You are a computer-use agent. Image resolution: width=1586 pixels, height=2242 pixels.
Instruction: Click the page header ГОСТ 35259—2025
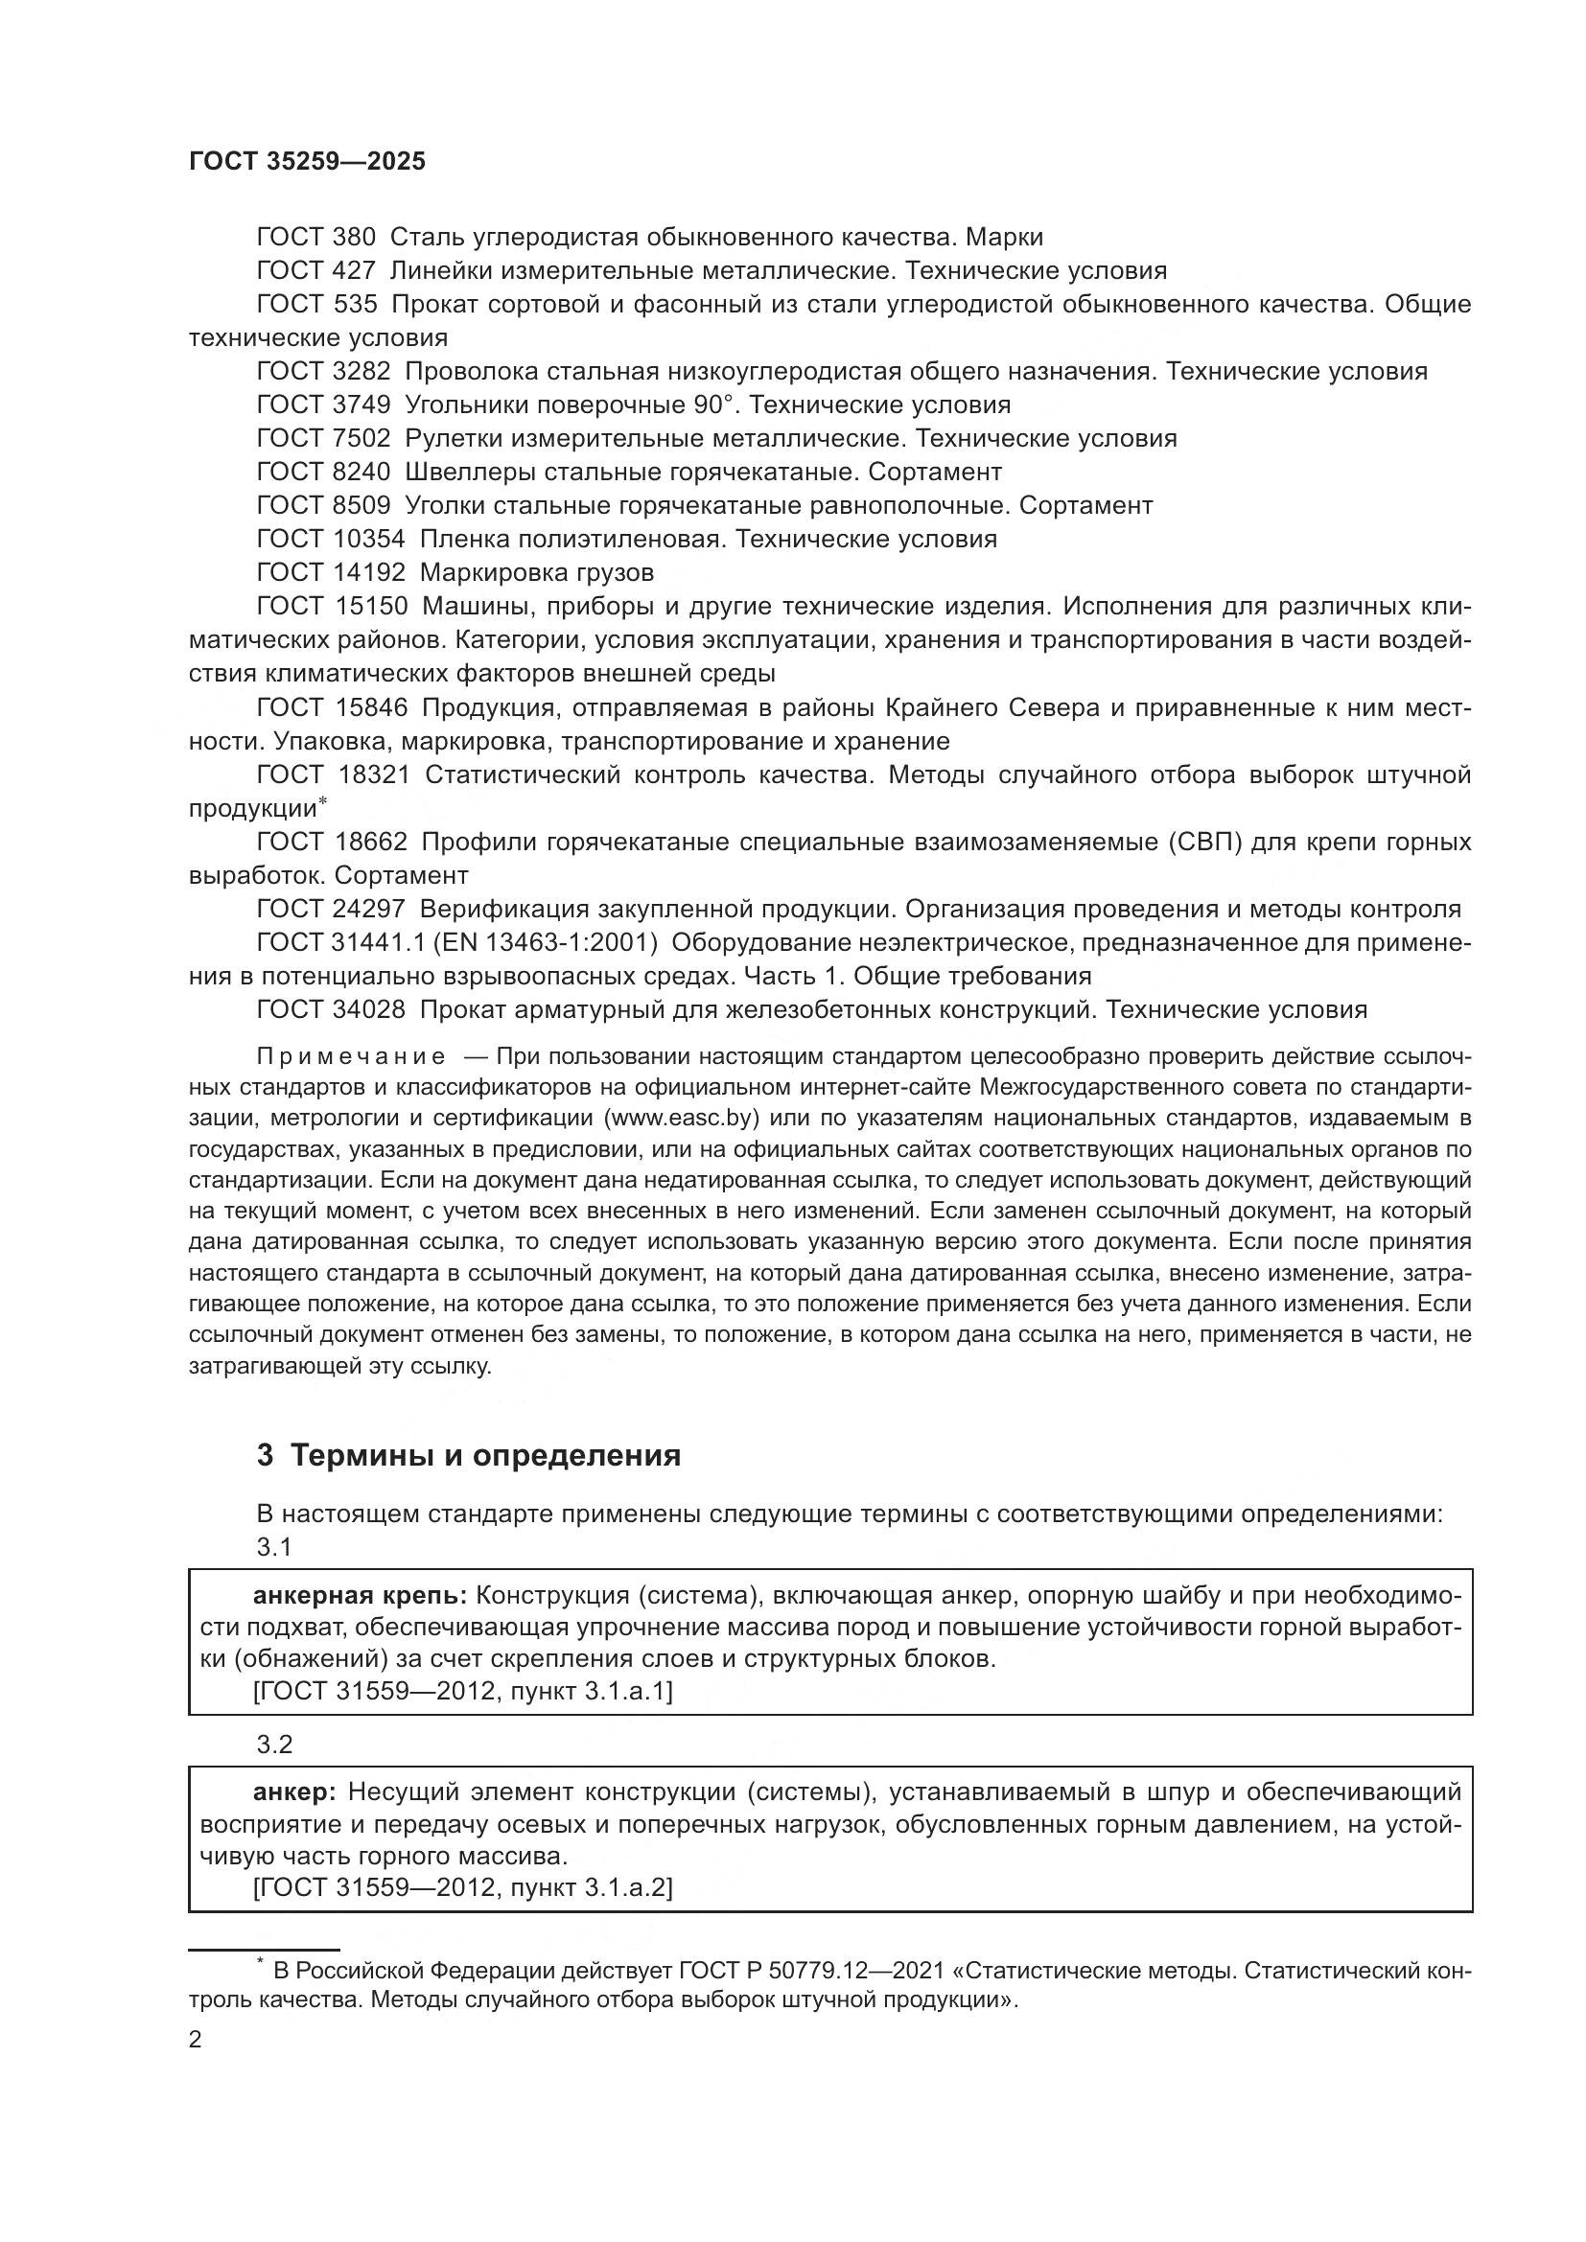(x=307, y=162)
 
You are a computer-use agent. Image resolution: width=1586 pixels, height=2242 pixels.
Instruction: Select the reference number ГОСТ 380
(x=315, y=238)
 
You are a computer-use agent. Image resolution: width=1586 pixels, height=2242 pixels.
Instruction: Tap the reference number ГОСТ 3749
(x=323, y=404)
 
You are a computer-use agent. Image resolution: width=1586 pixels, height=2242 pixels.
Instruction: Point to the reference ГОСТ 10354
(x=330, y=539)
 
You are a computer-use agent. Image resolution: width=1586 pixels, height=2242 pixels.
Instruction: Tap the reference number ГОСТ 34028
(x=330, y=1009)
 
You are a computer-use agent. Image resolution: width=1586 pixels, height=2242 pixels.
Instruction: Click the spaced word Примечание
(x=351, y=1057)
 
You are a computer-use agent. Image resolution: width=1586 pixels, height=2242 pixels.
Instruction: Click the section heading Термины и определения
(x=485, y=1456)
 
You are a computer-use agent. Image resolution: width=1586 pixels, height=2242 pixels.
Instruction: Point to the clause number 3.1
(x=274, y=1548)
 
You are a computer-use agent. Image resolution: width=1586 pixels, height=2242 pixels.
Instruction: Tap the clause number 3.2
(x=274, y=1745)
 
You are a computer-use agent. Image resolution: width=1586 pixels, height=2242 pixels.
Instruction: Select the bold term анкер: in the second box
(x=294, y=1791)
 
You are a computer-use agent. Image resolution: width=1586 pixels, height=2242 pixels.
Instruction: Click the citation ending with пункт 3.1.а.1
(x=462, y=1691)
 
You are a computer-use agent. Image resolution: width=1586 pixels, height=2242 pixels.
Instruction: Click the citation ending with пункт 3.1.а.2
(x=462, y=1887)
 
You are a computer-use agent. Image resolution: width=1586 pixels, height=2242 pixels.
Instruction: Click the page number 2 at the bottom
(x=196, y=2040)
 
